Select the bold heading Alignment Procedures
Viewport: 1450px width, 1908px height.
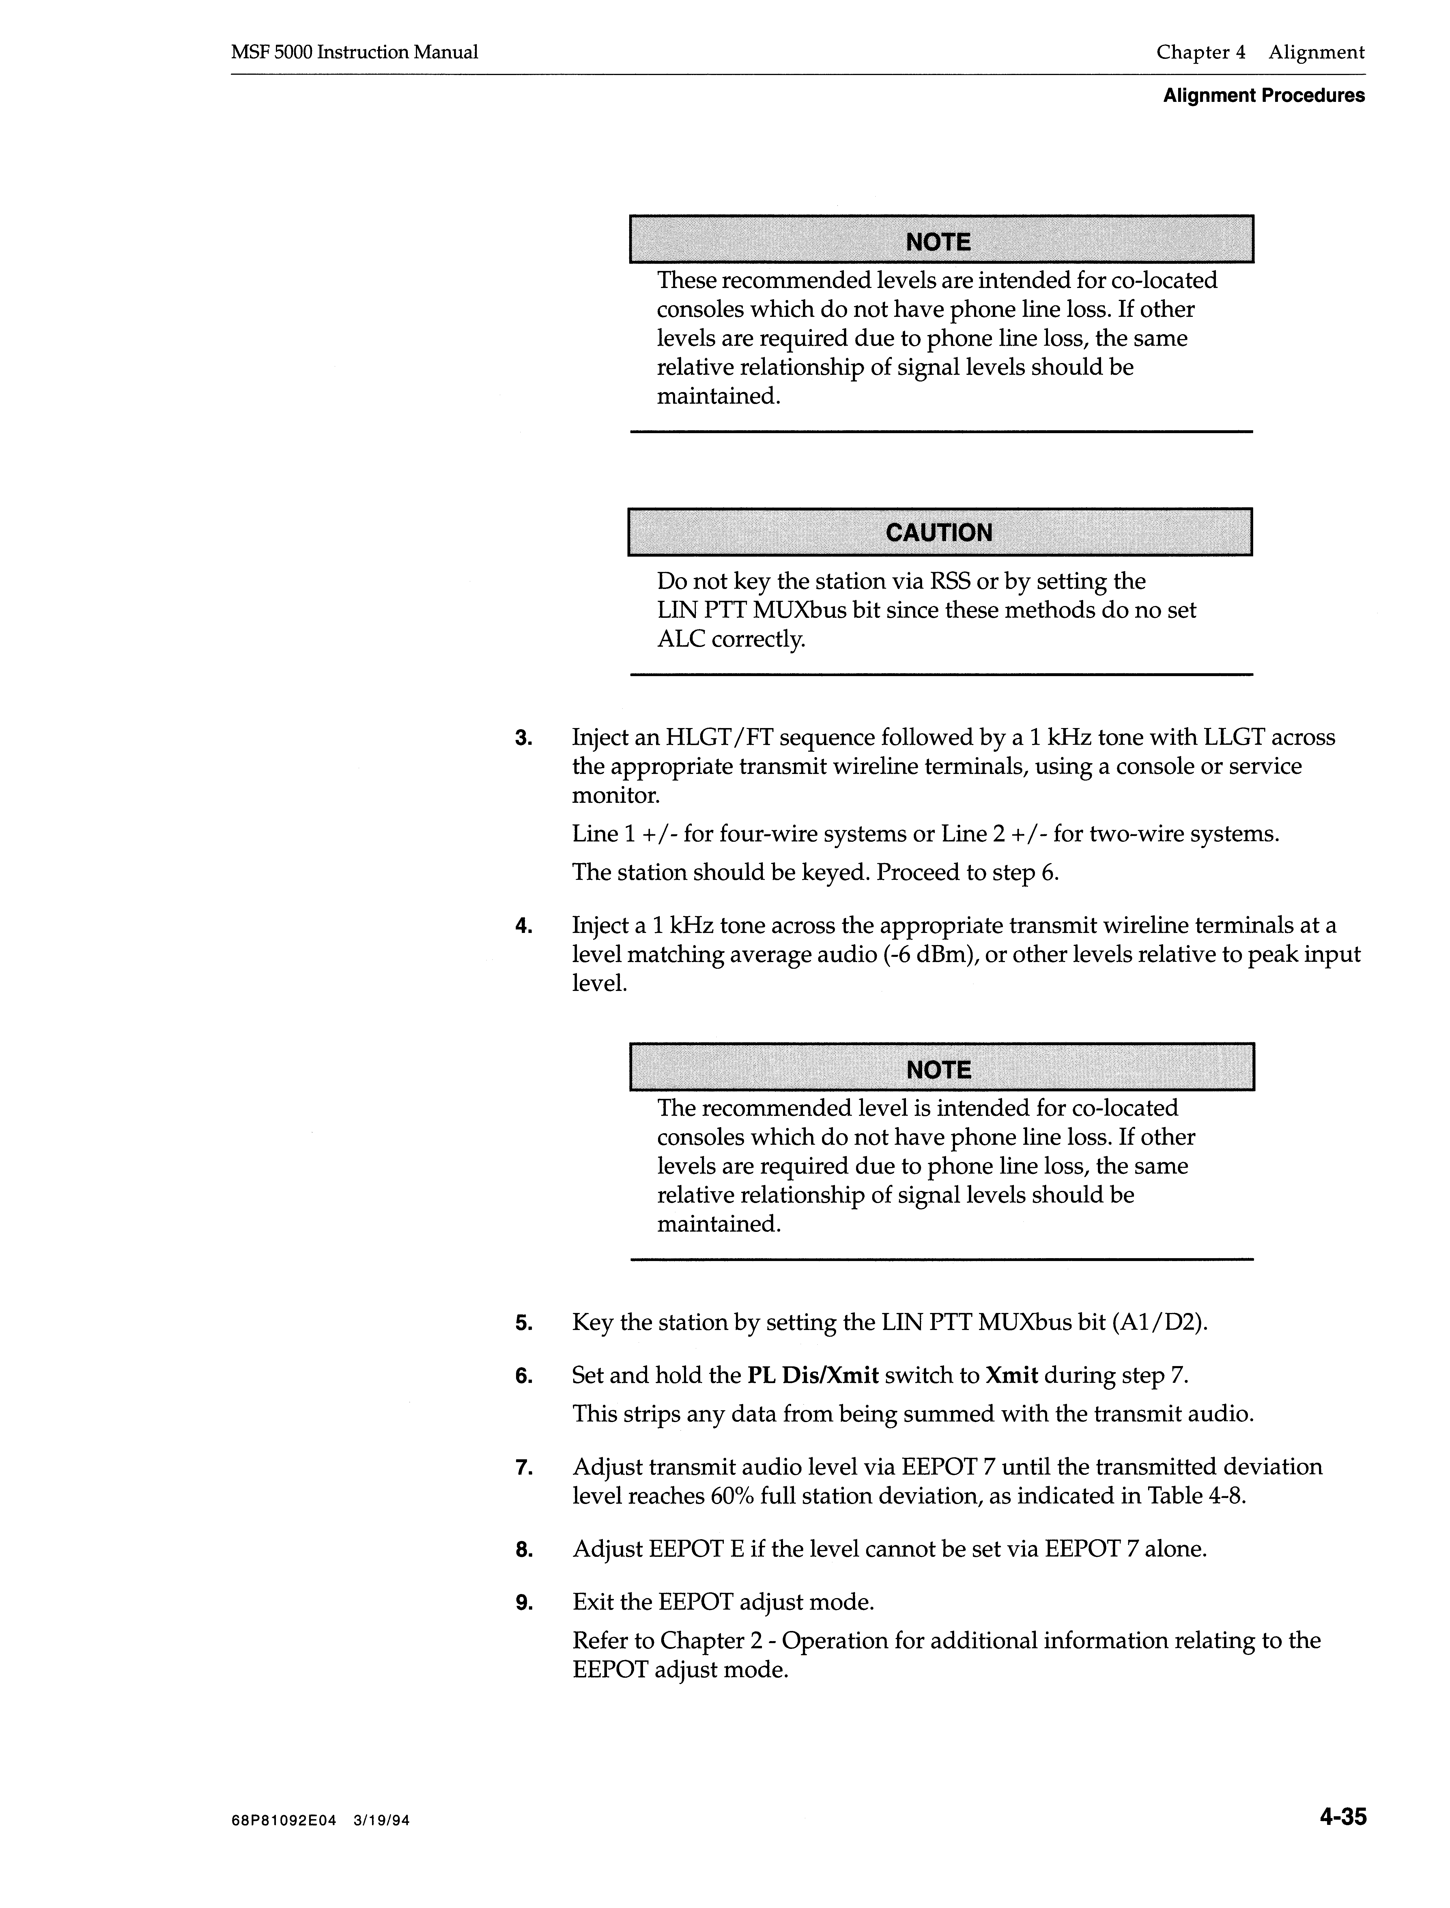click(1264, 96)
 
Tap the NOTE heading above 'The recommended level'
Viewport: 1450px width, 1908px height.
click(939, 1070)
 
